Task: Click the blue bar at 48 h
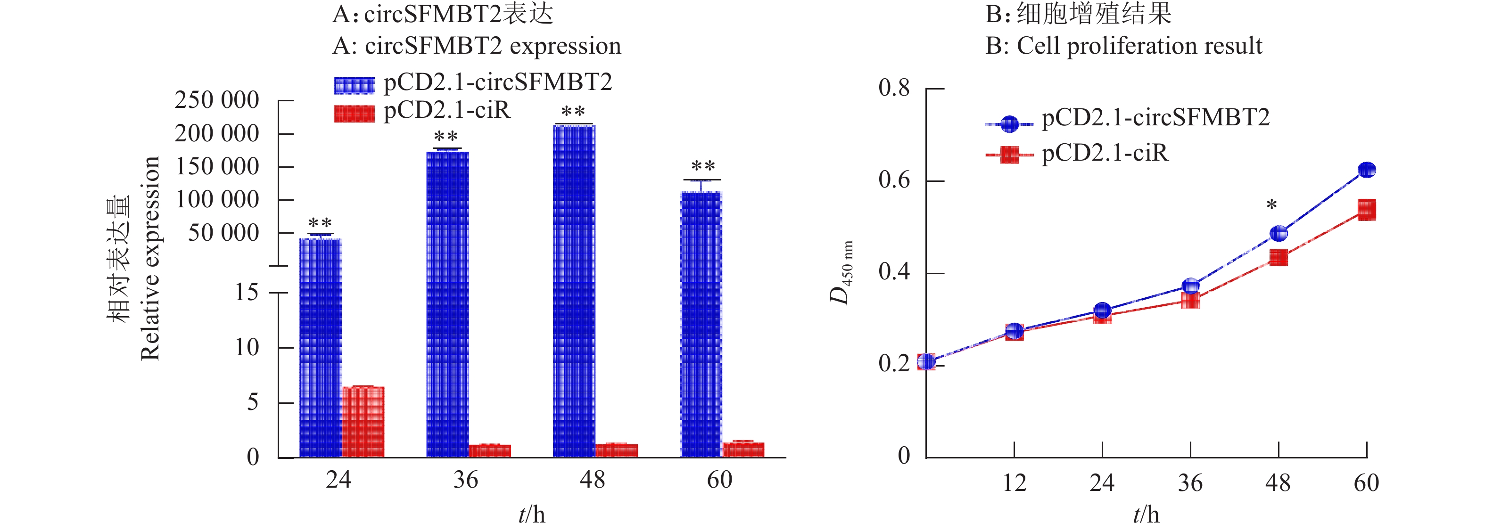(x=574, y=291)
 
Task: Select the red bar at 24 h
(x=363, y=422)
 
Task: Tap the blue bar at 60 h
(x=701, y=324)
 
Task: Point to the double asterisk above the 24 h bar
(x=320, y=223)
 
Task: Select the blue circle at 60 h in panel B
(x=1366, y=170)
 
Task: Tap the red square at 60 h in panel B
(x=1366, y=210)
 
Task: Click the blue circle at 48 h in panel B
(x=1279, y=233)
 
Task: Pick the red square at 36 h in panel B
(x=1190, y=300)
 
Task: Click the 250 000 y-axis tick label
(x=217, y=100)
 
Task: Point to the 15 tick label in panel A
(x=247, y=293)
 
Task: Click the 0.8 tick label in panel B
(x=894, y=88)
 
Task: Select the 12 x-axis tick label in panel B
(x=1014, y=482)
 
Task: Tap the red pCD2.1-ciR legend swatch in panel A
(x=354, y=114)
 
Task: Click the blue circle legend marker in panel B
(x=1009, y=124)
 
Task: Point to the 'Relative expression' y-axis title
(x=150, y=258)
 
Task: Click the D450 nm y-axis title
(x=841, y=273)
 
